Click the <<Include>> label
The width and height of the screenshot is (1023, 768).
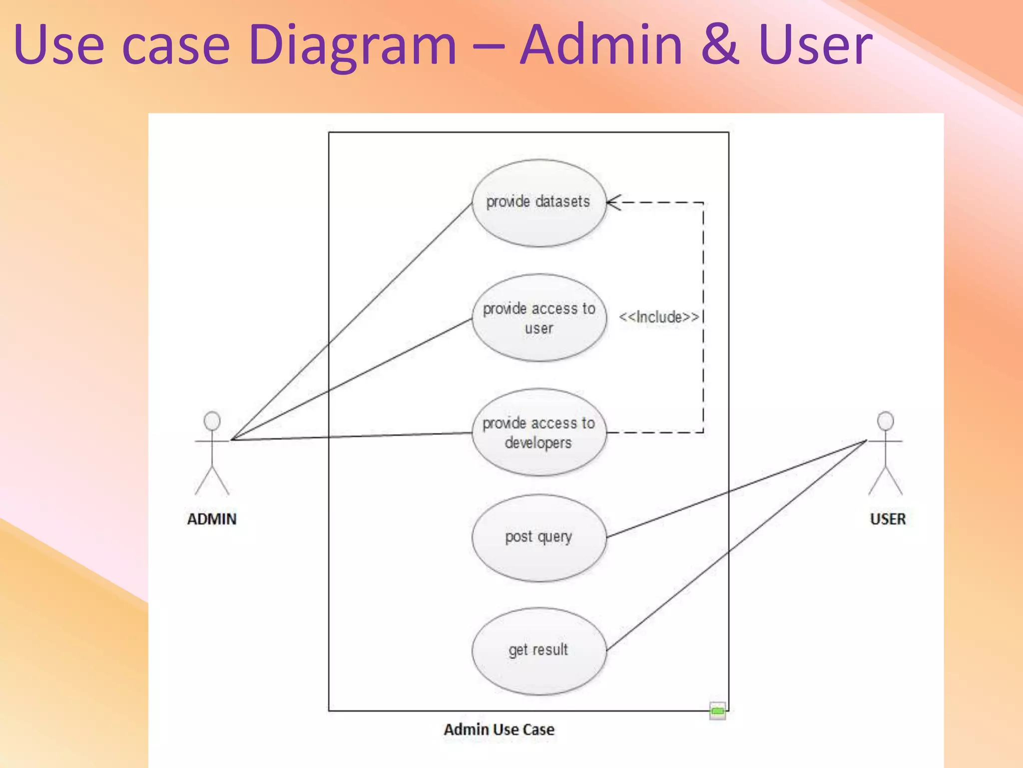658,317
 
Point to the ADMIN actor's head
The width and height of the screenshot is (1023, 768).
212,421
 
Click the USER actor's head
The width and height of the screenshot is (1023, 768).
886,421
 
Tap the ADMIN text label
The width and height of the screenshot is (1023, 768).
212,519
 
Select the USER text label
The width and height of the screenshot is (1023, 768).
888,519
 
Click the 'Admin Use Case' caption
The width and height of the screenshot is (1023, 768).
499,729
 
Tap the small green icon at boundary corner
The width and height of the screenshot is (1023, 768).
717,710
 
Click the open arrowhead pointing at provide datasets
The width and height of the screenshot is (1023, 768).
613,202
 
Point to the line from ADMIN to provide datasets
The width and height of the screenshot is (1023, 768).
350,322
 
